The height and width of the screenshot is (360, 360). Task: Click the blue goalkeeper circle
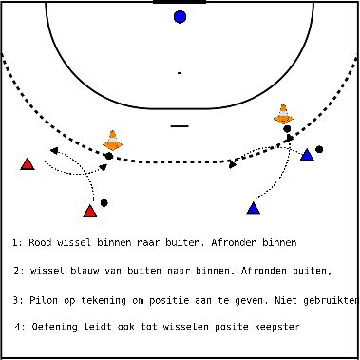(180, 16)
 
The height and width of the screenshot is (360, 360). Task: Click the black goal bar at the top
(180, 2)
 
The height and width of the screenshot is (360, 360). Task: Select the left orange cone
(112, 141)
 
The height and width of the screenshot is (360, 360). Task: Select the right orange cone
(283, 114)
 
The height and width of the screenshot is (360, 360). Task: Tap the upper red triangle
(28, 164)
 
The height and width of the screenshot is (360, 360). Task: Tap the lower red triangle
(90, 211)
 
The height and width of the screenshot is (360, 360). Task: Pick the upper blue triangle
(307, 154)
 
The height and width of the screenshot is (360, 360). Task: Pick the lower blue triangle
(254, 207)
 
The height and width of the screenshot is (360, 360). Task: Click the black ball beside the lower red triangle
(104, 202)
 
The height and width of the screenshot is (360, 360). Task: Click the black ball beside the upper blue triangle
(320, 149)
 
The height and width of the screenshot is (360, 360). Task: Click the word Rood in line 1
(40, 243)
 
